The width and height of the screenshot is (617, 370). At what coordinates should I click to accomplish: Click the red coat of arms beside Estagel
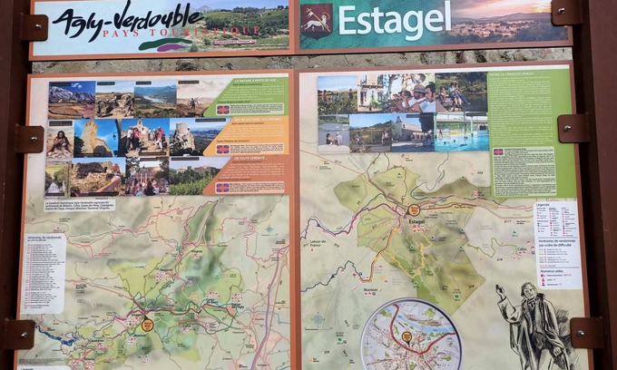pyautogui.click(x=317, y=20)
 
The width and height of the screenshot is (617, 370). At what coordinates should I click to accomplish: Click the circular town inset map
pyautogui.click(x=411, y=335)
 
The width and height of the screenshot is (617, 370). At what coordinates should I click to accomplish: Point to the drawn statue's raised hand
pyautogui.click(x=500, y=291)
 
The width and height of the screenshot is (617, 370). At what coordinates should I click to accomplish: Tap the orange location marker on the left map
pyautogui.click(x=147, y=324)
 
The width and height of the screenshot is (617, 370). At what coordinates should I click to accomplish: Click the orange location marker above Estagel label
pyautogui.click(x=414, y=209)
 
